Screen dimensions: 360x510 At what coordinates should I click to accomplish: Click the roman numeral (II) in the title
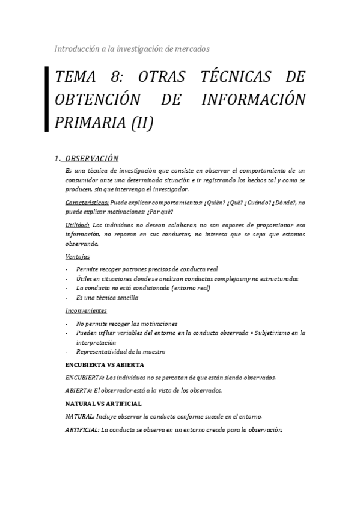(x=142, y=122)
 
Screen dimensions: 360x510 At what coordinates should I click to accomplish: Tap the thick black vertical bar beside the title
(x=47, y=99)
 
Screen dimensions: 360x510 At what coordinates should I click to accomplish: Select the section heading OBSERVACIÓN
(x=91, y=159)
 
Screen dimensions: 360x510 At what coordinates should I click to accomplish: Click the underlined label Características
(x=87, y=203)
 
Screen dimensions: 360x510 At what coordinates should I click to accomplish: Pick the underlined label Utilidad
(x=78, y=225)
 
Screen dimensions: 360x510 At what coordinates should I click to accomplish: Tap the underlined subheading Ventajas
(x=78, y=257)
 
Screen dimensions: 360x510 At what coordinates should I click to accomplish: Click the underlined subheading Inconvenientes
(x=86, y=311)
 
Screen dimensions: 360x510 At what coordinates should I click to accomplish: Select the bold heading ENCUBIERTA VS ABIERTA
(x=104, y=365)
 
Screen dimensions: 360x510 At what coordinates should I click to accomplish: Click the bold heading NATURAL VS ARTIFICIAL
(x=103, y=403)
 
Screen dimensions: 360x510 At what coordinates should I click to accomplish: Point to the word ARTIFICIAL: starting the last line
(x=82, y=429)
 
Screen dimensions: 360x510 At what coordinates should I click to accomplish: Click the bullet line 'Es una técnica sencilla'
(x=107, y=298)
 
